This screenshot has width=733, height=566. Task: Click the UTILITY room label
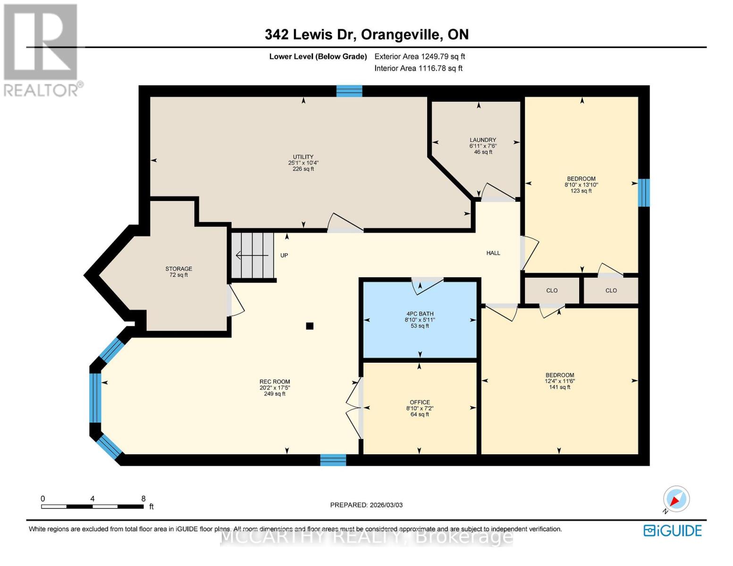click(303, 157)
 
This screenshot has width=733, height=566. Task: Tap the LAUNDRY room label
click(482, 140)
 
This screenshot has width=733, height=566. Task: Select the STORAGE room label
click(178, 269)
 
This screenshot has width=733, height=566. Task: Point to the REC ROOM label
click(275, 382)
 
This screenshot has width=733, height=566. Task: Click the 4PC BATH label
click(420, 314)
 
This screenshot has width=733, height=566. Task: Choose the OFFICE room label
click(420, 402)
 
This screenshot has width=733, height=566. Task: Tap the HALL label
click(493, 253)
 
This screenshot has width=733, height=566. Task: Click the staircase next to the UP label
click(253, 255)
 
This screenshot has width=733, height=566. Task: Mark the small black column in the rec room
click(310, 326)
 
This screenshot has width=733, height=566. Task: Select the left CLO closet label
click(552, 291)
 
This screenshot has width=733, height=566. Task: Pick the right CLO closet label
click(611, 291)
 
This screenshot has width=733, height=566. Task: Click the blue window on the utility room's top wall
click(349, 91)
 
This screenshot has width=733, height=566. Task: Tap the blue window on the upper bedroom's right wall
click(643, 192)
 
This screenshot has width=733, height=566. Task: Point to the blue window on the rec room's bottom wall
click(333, 460)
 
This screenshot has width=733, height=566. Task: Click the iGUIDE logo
click(673, 531)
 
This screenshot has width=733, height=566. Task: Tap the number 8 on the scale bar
click(143, 499)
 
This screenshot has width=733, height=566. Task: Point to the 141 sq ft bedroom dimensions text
click(560, 381)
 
